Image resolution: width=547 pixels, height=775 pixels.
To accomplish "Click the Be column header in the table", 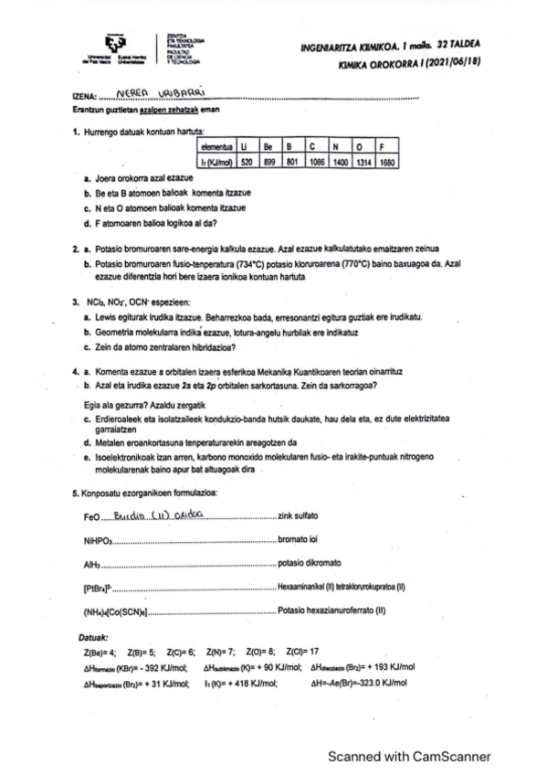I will click(268, 146).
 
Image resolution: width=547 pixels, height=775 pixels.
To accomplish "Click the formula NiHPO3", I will click(96, 540).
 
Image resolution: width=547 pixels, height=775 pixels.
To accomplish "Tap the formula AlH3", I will click(89, 564).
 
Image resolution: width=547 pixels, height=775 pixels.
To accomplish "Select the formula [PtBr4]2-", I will click(97, 588).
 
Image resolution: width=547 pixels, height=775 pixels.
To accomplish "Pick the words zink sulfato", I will click(302, 517).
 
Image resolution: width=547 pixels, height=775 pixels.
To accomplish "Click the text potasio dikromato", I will click(309, 564).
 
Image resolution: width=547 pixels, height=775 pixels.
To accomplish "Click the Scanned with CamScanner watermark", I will click(409, 756).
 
